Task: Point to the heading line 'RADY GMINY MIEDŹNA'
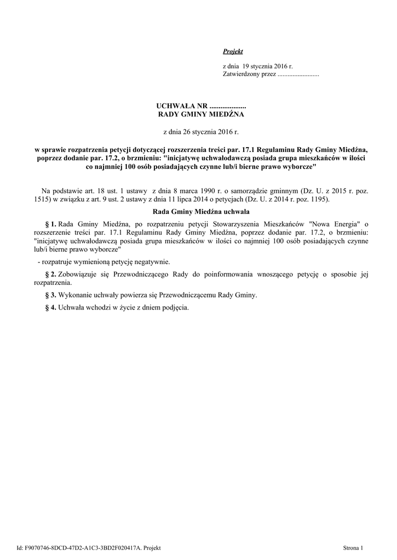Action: point(202,114)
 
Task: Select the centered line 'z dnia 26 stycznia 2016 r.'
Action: point(202,132)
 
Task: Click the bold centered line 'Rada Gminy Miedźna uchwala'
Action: point(202,211)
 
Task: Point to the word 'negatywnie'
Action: point(155,261)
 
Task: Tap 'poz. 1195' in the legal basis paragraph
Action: point(313,200)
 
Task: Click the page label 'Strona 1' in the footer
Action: point(353,547)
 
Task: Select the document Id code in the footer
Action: point(82,547)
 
